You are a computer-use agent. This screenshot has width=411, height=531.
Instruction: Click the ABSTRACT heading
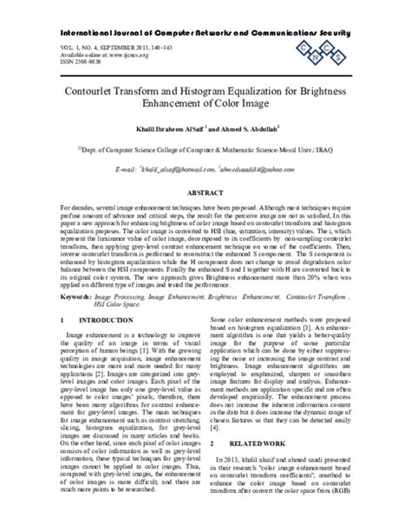click(205, 197)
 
